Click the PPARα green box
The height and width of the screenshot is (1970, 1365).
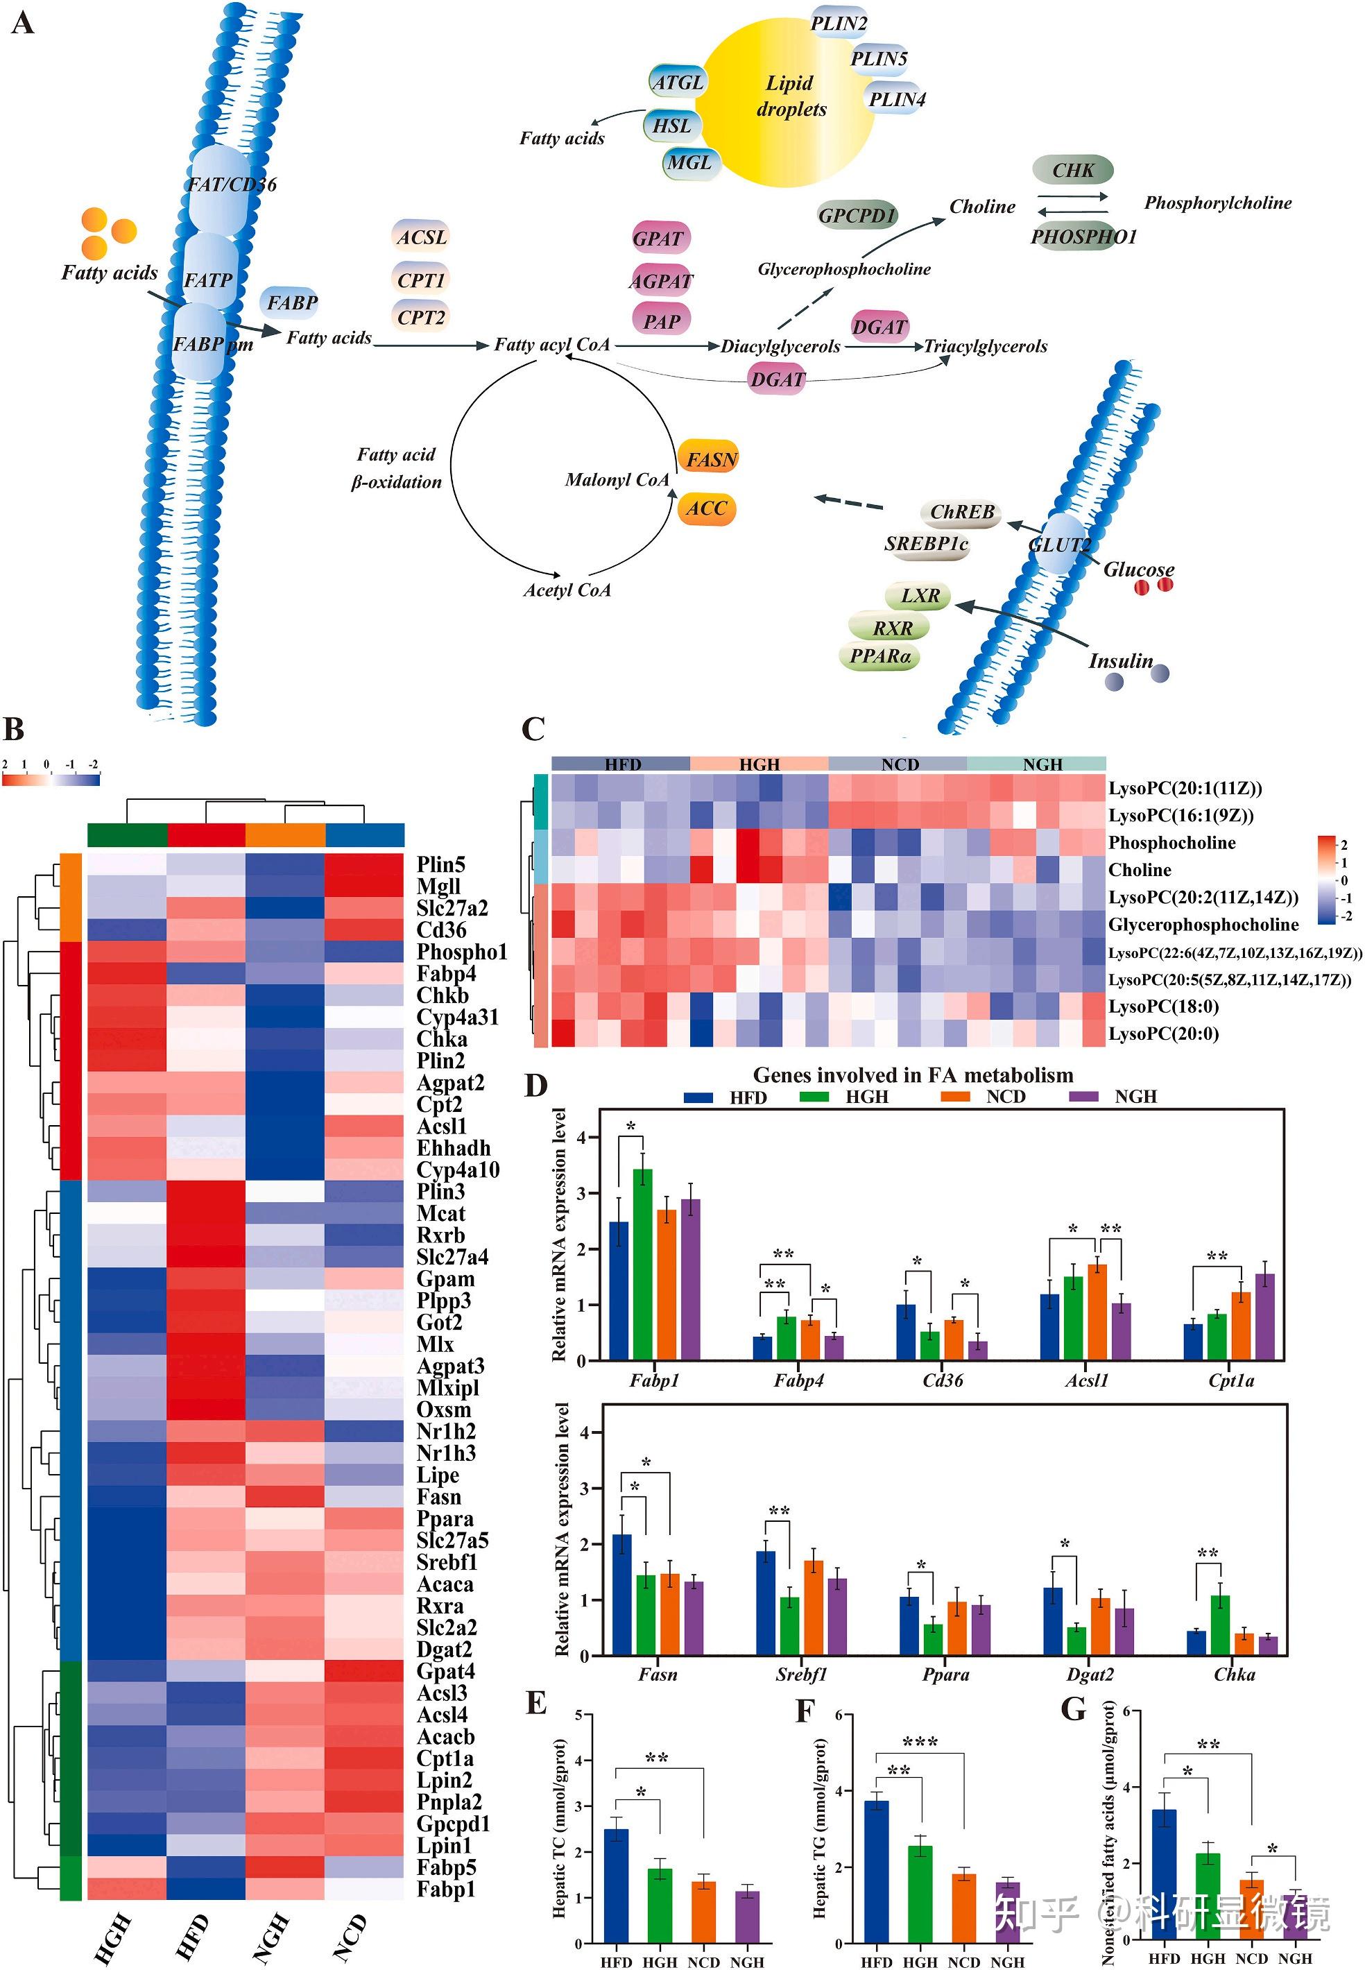[x=880, y=657]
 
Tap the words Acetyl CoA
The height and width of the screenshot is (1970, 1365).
[x=567, y=590]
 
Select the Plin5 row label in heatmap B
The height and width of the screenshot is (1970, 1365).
[x=440, y=864]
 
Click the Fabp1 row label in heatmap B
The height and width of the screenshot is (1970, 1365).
[x=445, y=1889]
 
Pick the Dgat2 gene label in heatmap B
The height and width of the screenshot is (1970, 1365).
[x=444, y=1650]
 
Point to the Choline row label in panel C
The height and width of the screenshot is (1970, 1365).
[x=1139, y=870]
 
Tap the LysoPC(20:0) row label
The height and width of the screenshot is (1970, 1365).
[x=1163, y=1034]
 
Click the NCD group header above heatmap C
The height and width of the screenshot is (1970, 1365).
[x=899, y=764]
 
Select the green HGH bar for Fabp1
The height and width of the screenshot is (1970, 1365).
[x=642, y=1265]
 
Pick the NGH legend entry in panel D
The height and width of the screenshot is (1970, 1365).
[x=1134, y=1097]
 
